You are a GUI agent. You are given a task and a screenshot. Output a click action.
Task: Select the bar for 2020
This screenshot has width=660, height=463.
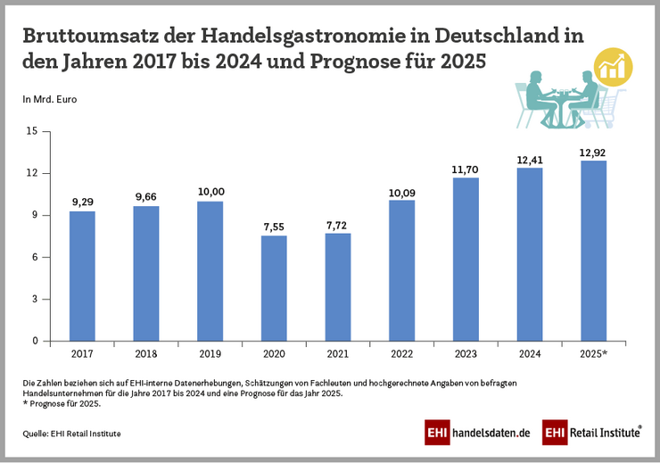(x=274, y=288)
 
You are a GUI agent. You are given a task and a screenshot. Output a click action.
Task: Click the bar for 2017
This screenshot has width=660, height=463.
(x=82, y=276)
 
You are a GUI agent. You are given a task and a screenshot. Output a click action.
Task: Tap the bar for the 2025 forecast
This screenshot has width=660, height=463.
(x=593, y=251)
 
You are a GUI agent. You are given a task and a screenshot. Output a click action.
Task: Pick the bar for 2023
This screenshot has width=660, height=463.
(x=466, y=259)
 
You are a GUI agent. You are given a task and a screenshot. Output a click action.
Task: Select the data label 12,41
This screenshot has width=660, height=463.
(x=530, y=160)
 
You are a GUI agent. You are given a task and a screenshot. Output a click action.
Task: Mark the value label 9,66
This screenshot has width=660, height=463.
(x=146, y=196)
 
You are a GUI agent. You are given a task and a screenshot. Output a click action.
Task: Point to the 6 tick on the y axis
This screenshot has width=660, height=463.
(x=35, y=257)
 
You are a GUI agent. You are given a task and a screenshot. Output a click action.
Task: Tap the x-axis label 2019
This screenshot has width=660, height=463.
(x=210, y=355)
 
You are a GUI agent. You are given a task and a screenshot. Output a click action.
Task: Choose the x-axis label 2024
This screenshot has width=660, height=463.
(x=530, y=355)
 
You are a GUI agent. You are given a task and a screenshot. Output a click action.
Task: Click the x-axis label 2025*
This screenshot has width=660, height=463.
(x=594, y=355)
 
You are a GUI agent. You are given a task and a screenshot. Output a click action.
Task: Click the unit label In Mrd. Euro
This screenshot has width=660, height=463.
(x=50, y=99)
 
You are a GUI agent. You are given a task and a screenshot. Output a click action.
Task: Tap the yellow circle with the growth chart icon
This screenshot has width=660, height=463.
(x=613, y=65)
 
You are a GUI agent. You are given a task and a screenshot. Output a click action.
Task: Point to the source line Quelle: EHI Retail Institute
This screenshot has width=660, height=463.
(x=72, y=434)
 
